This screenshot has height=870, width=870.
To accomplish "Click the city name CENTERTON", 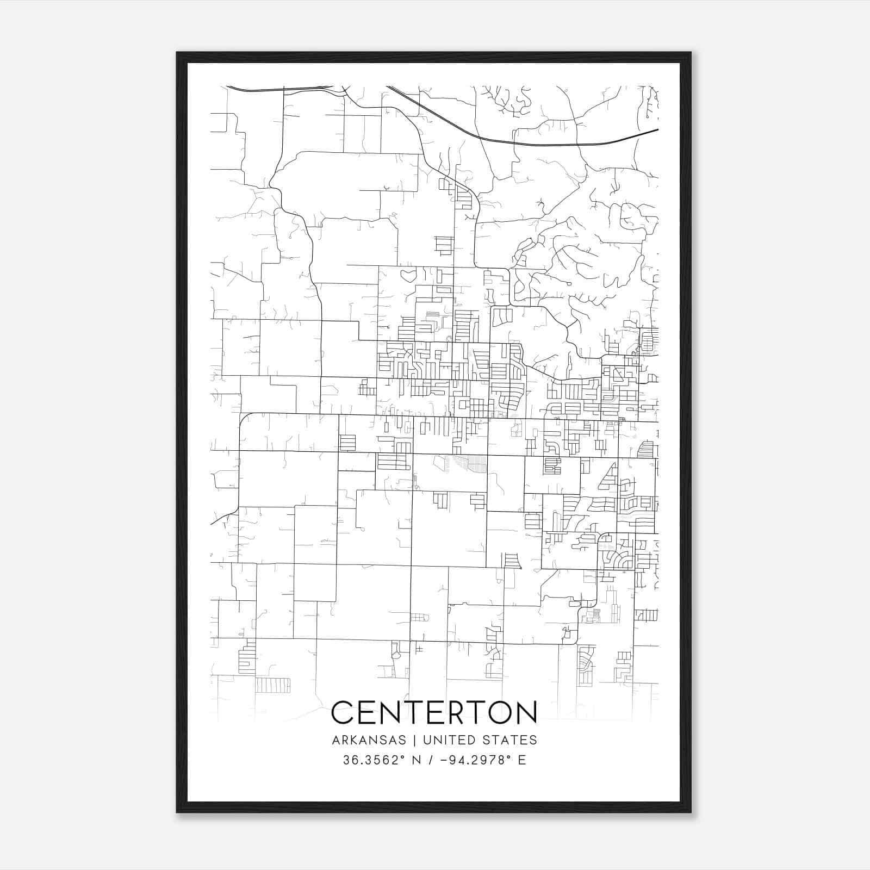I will [x=434, y=712].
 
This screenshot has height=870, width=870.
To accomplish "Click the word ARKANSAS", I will [x=368, y=740].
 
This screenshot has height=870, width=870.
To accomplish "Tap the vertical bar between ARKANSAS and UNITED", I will [x=414, y=740].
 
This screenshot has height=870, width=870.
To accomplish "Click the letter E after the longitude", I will [x=522, y=760].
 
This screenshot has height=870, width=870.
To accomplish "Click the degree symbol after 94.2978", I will [x=509, y=756].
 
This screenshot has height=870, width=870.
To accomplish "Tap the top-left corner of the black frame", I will [x=178, y=53].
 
